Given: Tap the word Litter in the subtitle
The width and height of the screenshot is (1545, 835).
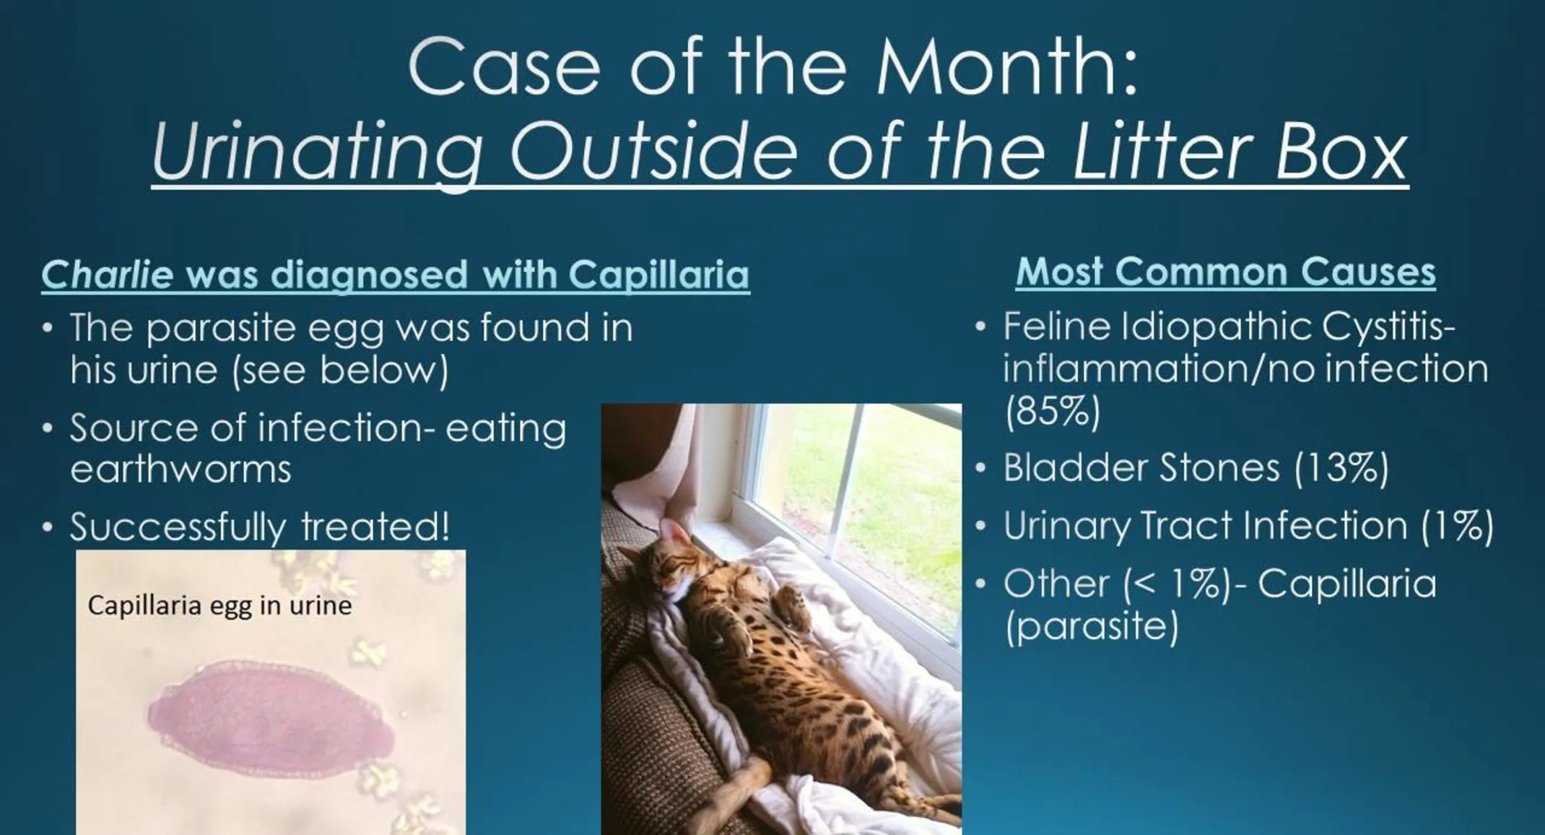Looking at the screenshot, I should tap(1158, 153).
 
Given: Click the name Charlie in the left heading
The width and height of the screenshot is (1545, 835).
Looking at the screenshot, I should tap(108, 275).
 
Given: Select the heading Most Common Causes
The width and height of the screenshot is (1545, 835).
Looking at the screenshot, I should tap(1225, 272).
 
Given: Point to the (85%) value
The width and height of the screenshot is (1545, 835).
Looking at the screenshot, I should tap(1053, 411).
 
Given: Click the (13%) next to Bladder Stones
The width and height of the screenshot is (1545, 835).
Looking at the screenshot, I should tap(1341, 467).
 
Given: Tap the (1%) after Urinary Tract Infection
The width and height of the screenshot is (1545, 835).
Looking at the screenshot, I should tap(1457, 525).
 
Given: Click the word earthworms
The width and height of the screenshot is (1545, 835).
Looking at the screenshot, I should tap(180, 470).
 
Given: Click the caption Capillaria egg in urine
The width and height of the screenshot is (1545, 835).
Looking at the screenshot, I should tap(219, 605).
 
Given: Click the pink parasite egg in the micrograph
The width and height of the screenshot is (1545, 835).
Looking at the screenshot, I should tap(271, 715).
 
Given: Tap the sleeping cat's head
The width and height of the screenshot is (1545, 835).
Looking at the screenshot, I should tap(668, 571).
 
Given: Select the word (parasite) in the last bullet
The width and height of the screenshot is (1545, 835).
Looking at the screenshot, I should tap(1092, 626).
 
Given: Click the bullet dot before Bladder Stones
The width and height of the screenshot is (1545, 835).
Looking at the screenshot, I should tap(980, 468).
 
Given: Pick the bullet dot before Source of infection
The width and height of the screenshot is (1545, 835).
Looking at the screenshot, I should tap(48, 428).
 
